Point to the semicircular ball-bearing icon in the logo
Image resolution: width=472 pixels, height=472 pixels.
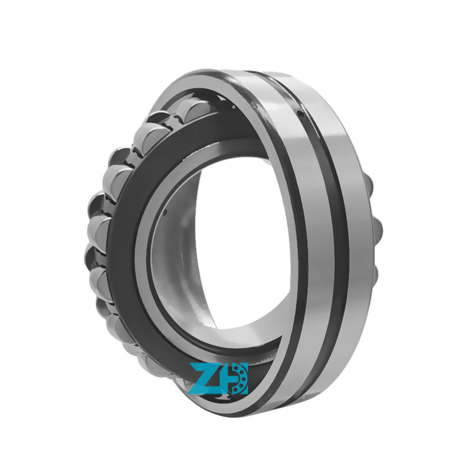click(239, 378)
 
